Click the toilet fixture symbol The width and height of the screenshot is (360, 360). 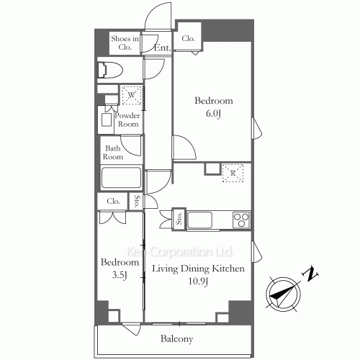(x=110, y=70)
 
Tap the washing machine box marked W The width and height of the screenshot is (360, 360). (x=132, y=95)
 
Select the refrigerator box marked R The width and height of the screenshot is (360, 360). (x=233, y=173)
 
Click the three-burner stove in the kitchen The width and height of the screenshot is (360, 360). (x=241, y=220)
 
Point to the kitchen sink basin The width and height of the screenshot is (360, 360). (x=199, y=220)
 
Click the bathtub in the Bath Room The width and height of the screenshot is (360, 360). (x=121, y=178)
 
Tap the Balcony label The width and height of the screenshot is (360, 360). (x=177, y=339)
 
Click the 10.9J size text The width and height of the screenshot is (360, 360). (x=198, y=281)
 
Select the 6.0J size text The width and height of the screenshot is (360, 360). (x=213, y=114)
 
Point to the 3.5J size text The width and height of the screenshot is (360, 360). (x=120, y=275)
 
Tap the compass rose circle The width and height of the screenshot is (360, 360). (x=283, y=294)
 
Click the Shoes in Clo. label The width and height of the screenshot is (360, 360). (x=125, y=42)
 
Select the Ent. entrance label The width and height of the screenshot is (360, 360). (x=162, y=48)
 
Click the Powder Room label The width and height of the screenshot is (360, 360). (x=127, y=120)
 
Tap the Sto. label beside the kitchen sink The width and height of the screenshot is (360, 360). (x=179, y=218)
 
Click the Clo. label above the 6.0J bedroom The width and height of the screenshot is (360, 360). (x=188, y=38)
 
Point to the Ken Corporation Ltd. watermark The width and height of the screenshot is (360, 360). (x=179, y=252)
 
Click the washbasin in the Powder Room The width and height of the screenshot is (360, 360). (x=107, y=120)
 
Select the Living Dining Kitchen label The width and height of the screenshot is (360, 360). (x=198, y=269)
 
